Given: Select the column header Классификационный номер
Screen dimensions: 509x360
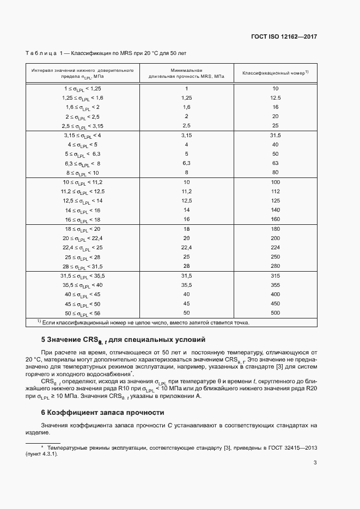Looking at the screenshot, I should click(x=275, y=73).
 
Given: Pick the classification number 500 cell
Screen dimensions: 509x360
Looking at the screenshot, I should click(x=275, y=313).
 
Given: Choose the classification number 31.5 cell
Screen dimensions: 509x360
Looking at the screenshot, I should click(x=275, y=135).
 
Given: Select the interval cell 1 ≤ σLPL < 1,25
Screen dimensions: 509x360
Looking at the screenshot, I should click(x=83, y=88).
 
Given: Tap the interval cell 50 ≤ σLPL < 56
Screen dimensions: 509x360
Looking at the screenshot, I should click(x=83, y=314).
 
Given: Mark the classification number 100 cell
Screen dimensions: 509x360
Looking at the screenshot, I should click(x=275, y=182).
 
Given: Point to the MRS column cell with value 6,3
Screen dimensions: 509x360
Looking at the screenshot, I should click(x=186, y=163).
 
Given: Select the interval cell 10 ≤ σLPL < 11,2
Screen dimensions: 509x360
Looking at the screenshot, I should click(x=83, y=182).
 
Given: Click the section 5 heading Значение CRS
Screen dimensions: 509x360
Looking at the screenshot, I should click(x=123, y=341).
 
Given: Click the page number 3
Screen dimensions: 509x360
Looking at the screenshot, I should click(x=315, y=479).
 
